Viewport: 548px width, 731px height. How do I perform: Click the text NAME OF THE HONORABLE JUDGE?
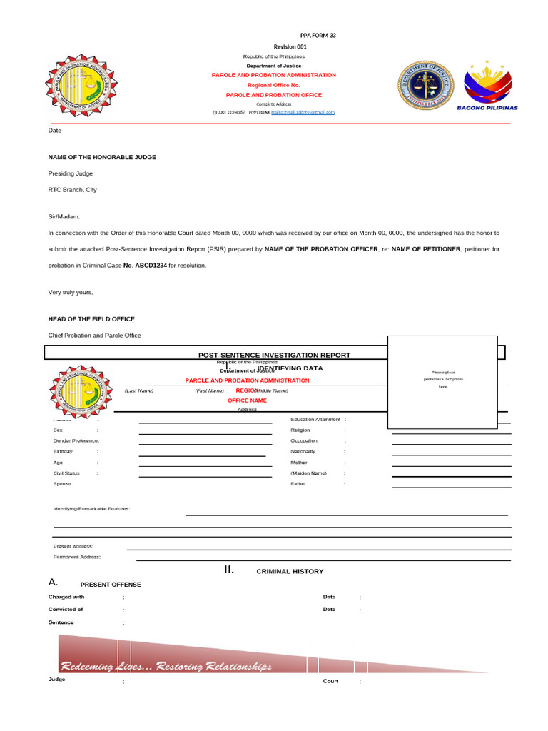pyautogui.click(x=102, y=157)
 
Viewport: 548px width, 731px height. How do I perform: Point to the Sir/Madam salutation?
pyautogui.click(x=64, y=216)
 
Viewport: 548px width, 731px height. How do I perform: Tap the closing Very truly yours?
pyautogui.click(x=71, y=293)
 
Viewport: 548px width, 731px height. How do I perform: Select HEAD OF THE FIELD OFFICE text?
pyautogui.click(x=91, y=319)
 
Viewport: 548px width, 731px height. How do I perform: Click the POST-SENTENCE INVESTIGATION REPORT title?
pyautogui.click(x=274, y=355)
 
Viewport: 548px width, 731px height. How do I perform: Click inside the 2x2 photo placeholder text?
pyautogui.click(x=442, y=379)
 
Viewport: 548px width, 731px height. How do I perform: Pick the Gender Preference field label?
pyautogui.click(x=76, y=441)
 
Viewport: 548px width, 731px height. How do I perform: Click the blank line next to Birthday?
pyautogui.click(x=203, y=455)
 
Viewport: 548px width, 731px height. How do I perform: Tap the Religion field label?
pyautogui.click(x=300, y=430)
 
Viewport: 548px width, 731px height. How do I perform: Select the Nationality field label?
pyautogui.click(x=303, y=452)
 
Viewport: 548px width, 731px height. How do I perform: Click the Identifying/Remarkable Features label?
pyautogui.click(x=92, y=509)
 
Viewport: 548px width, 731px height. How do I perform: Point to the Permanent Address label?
pyautogui.click(x=77, y=557)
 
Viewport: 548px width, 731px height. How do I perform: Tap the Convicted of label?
pyautogui.click(x=66, y=610)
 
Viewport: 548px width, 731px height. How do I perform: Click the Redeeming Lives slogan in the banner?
pyautogui.click(x=166, y=667)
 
